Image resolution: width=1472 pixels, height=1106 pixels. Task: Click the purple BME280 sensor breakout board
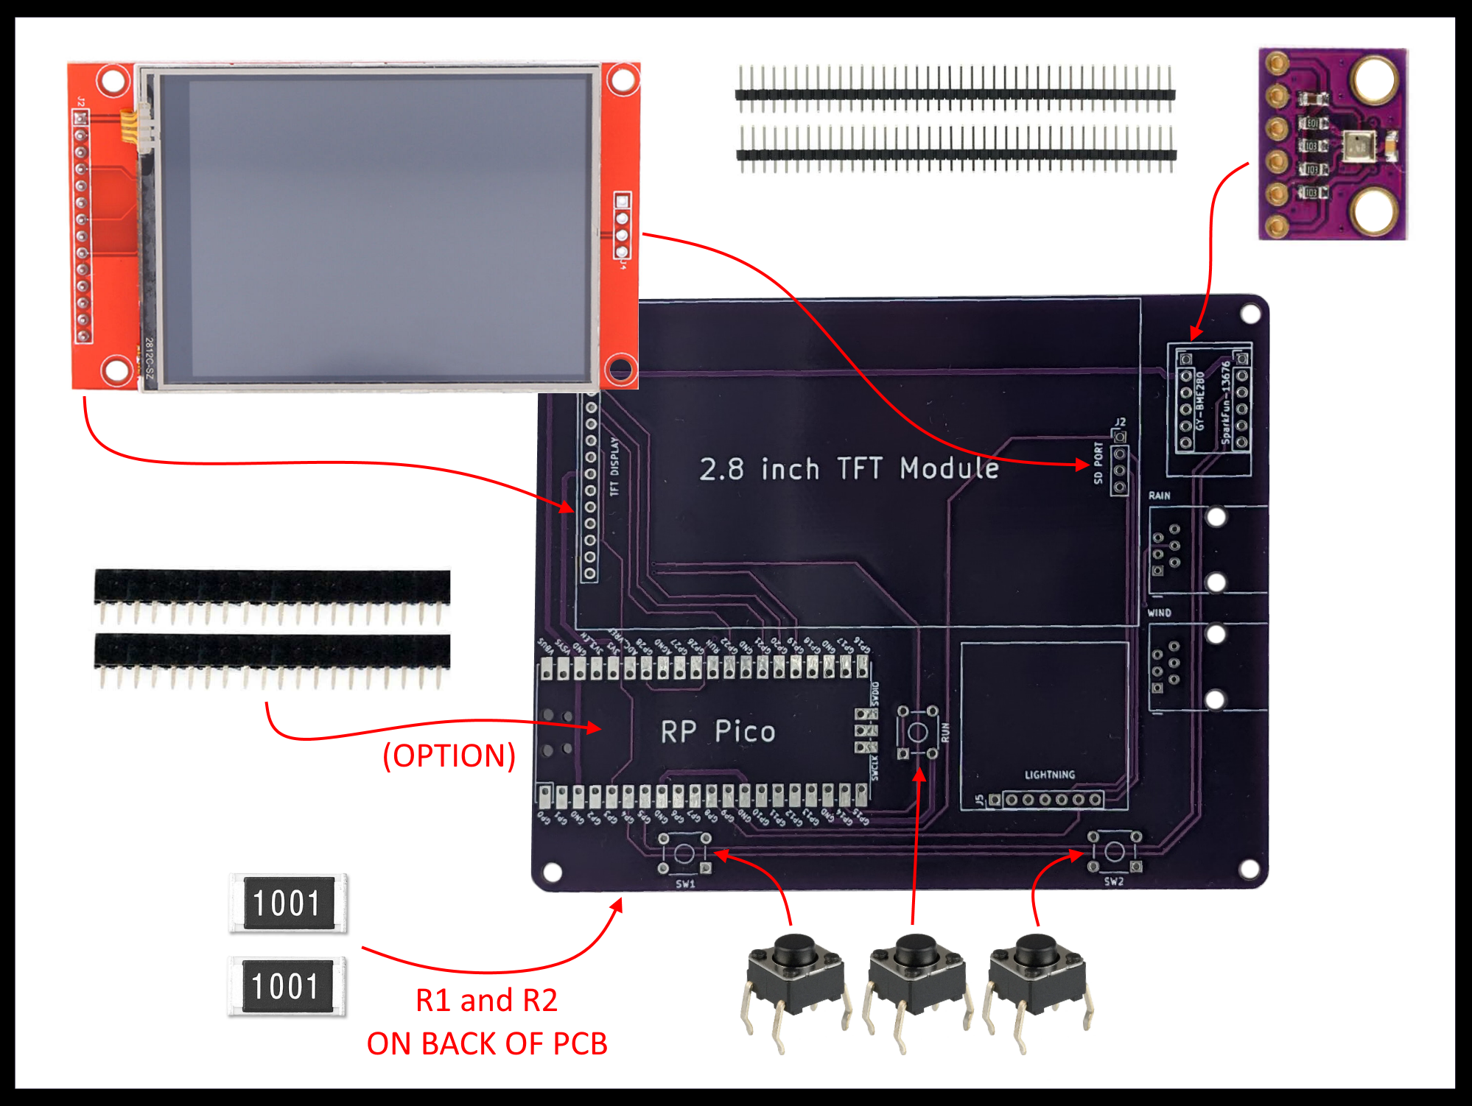[1332, 144]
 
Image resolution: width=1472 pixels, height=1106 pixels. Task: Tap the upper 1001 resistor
[287, 903]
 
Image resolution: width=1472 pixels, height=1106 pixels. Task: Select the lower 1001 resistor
[287, 986]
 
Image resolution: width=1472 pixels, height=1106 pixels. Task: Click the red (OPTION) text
[449, 755]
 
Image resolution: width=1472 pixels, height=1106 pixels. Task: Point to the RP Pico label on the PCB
[718, 732]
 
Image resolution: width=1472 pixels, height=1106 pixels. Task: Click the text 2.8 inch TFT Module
[849, 469]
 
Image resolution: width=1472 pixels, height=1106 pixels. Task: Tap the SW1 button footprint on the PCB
[684, 853]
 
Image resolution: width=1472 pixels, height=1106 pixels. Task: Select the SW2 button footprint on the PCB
[1114, 852]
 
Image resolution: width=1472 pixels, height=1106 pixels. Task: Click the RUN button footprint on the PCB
[917, 732]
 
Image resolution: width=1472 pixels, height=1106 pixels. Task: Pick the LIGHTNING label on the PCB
[1049, 775]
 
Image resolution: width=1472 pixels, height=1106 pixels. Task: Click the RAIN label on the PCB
[1159, 496]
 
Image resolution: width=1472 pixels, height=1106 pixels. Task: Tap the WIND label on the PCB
[1159, 613]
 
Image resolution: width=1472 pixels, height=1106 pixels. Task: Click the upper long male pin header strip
[955, 94]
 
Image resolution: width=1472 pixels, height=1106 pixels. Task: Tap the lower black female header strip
[272, 652]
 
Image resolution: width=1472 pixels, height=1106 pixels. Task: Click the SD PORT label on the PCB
[1098, 463]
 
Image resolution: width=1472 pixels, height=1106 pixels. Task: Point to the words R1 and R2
[486, 1000]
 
